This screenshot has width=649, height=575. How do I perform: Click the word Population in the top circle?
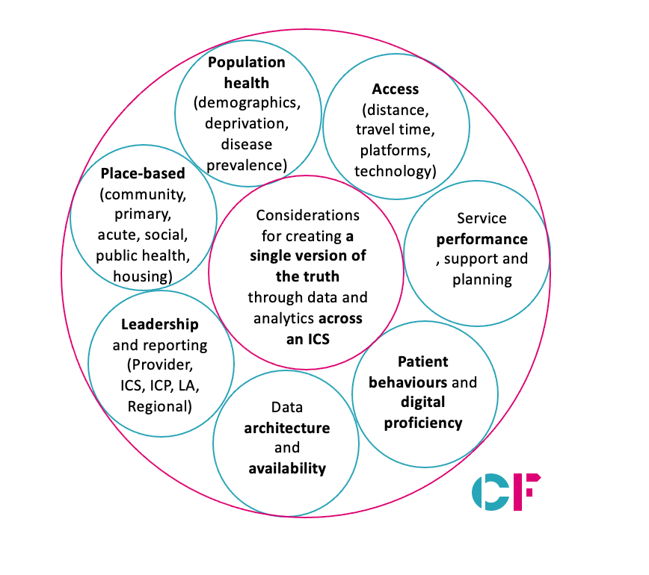[x=246, y=63]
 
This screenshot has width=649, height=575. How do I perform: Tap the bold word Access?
[x=396, y=90]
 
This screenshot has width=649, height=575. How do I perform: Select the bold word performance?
[x=482, y=240]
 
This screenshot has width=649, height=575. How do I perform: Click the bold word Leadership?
[x=160, y=325]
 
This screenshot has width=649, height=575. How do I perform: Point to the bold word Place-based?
[x=143, y=173]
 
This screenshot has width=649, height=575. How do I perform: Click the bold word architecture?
[x=287, y=428]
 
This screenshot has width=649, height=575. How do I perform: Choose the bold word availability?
[x=287, y=469]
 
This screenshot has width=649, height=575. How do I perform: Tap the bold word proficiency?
[x=423, y=423]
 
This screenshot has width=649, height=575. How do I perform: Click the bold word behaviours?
[x=408, y=382]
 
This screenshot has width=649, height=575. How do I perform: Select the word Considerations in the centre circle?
[x=307, y=215]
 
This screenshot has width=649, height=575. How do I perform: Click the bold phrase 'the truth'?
[x=307, y=276]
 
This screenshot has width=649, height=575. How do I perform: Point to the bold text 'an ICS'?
[x=308, y=339]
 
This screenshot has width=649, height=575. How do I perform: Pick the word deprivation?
[x=247, y=124]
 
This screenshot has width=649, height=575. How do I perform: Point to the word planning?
[x=482, y=280]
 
